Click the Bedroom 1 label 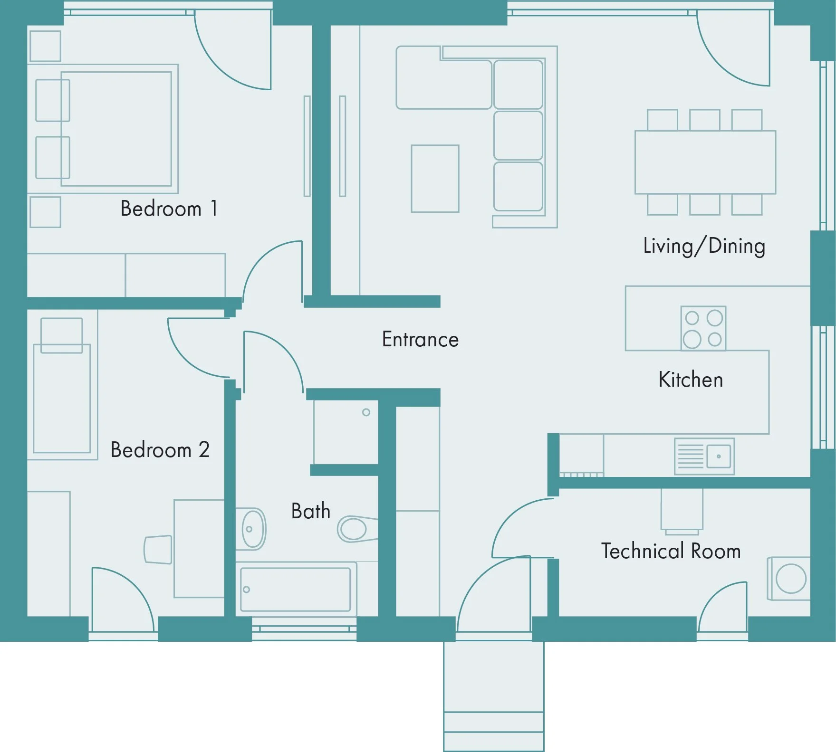pos(169,209)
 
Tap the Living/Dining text pos(704,246)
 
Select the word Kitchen pos(691,380)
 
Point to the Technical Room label pos(671,551)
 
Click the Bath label pos(311,511)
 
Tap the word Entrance pos(420,339)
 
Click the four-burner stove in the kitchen pos(703,328)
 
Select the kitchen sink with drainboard pos(704,457)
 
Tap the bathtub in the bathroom pos(296,589)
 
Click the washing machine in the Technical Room pos(788,579)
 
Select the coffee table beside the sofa pos(435,179)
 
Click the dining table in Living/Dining pos(705,162)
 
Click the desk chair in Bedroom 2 pos(158,550)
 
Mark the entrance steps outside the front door pos(494,696)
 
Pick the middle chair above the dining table pos(705,120)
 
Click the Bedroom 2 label pos(160,450)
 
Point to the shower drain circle pos(366,412)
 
